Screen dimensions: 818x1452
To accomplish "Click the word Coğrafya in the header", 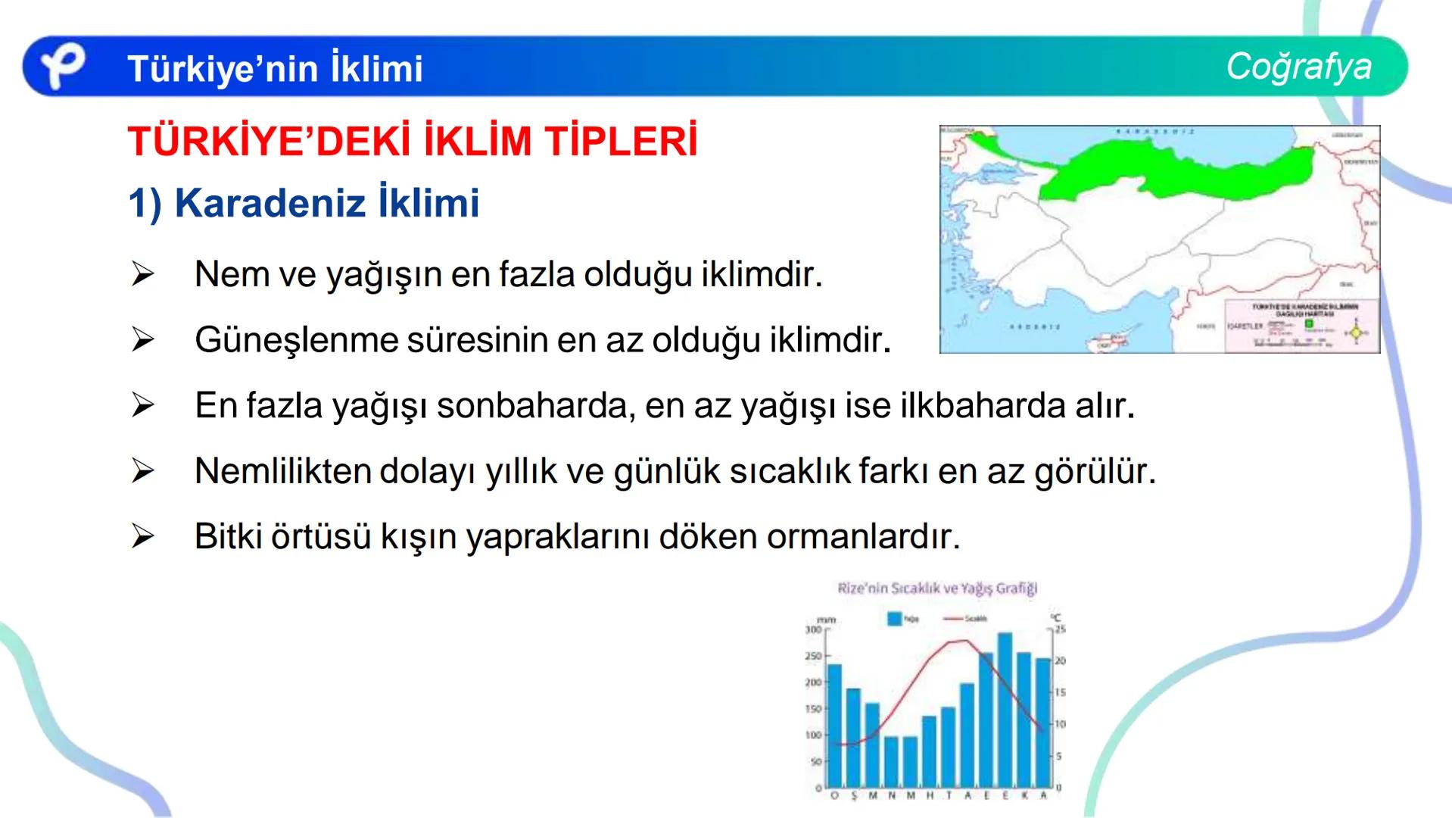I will pos(1298,67).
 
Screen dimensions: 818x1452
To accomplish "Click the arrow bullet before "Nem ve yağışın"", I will pos(142,274).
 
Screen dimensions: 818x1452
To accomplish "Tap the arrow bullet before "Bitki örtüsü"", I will pos(142,537).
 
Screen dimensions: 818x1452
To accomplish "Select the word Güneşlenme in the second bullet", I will pos(296,340).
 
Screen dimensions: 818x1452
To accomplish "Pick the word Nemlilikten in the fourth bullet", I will pos(282,471).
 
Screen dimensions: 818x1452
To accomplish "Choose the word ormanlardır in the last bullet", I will pos(863,537).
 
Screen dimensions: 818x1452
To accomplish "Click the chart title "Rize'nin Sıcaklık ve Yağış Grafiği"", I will pos(937,589).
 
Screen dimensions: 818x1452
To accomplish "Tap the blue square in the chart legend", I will pos(894,619).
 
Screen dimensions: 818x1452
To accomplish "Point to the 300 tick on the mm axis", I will pos(813,629).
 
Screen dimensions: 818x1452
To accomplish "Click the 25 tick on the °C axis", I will pos(1060,629).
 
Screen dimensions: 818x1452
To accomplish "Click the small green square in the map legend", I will pos(1309,324).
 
